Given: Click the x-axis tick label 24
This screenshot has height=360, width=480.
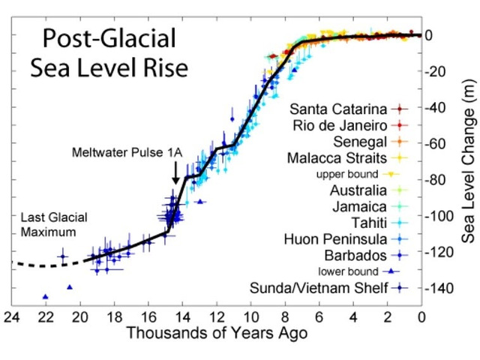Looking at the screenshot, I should click(11, 316).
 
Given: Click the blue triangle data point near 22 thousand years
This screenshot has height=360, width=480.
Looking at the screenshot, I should click(46, 296).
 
